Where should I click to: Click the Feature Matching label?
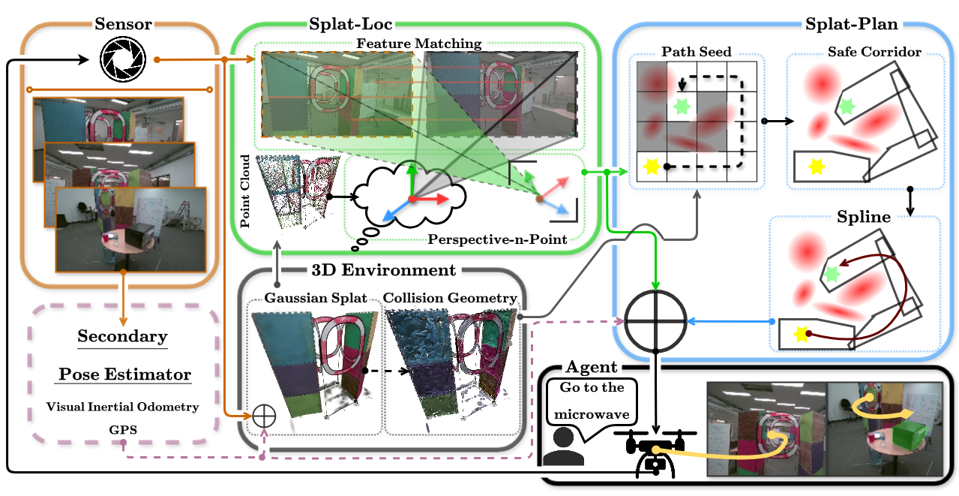[x=418, y=44]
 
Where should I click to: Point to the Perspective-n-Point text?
[x=498, y=240]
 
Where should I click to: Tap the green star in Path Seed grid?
[x=682, y=107]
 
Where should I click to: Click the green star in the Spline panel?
[x=830, y=275]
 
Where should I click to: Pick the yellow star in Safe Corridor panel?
[x=814, y=167]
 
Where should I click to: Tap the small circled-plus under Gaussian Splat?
[x=264, y=414]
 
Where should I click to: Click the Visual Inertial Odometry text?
[x=123, y=407]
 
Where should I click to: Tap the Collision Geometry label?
[x=450, y=299]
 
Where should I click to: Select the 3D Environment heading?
[x=383, y=270]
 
